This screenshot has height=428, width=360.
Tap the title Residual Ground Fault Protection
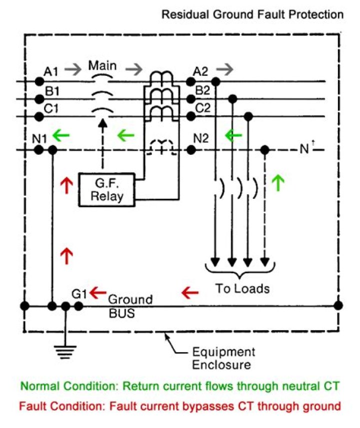[x=252, y=14]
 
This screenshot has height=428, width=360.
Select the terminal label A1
[x=51, y=72]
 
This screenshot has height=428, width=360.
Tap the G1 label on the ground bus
[x=79, y=294]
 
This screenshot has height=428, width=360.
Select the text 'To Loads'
[x=242, y=289]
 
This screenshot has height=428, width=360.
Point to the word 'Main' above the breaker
[x=102, y=65]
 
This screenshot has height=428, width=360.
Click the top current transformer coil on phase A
[x=160, y=77]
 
